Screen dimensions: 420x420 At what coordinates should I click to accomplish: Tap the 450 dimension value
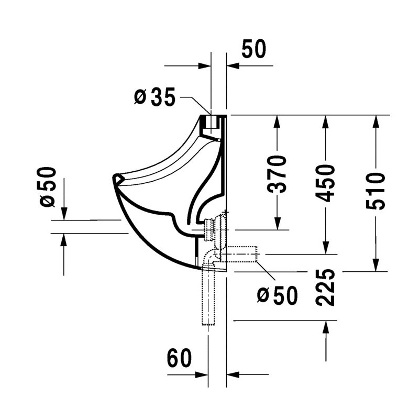(327, 183)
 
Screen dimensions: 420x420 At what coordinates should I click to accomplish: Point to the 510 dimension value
(375, 191)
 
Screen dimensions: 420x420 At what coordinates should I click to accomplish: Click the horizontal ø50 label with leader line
(277, 296)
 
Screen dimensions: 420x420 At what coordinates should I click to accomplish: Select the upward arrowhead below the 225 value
(326, 327)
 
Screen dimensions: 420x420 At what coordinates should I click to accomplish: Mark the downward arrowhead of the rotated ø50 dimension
(64, 214)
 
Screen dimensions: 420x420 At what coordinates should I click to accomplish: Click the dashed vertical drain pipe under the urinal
(208, 296)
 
